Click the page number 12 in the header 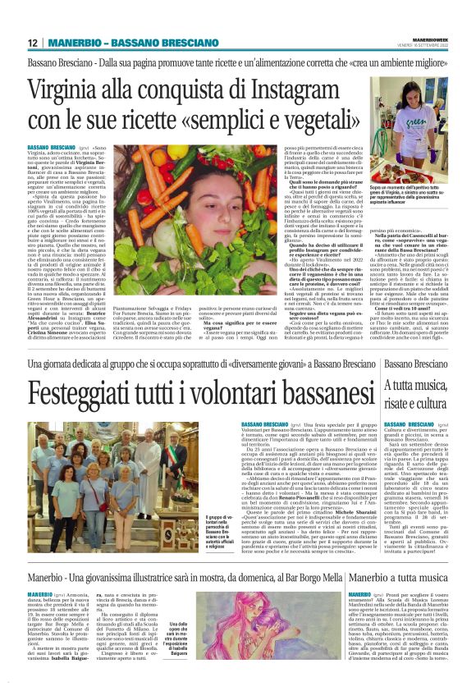(x=32, y=42)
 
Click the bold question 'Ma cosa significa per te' (x=230, y=321)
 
